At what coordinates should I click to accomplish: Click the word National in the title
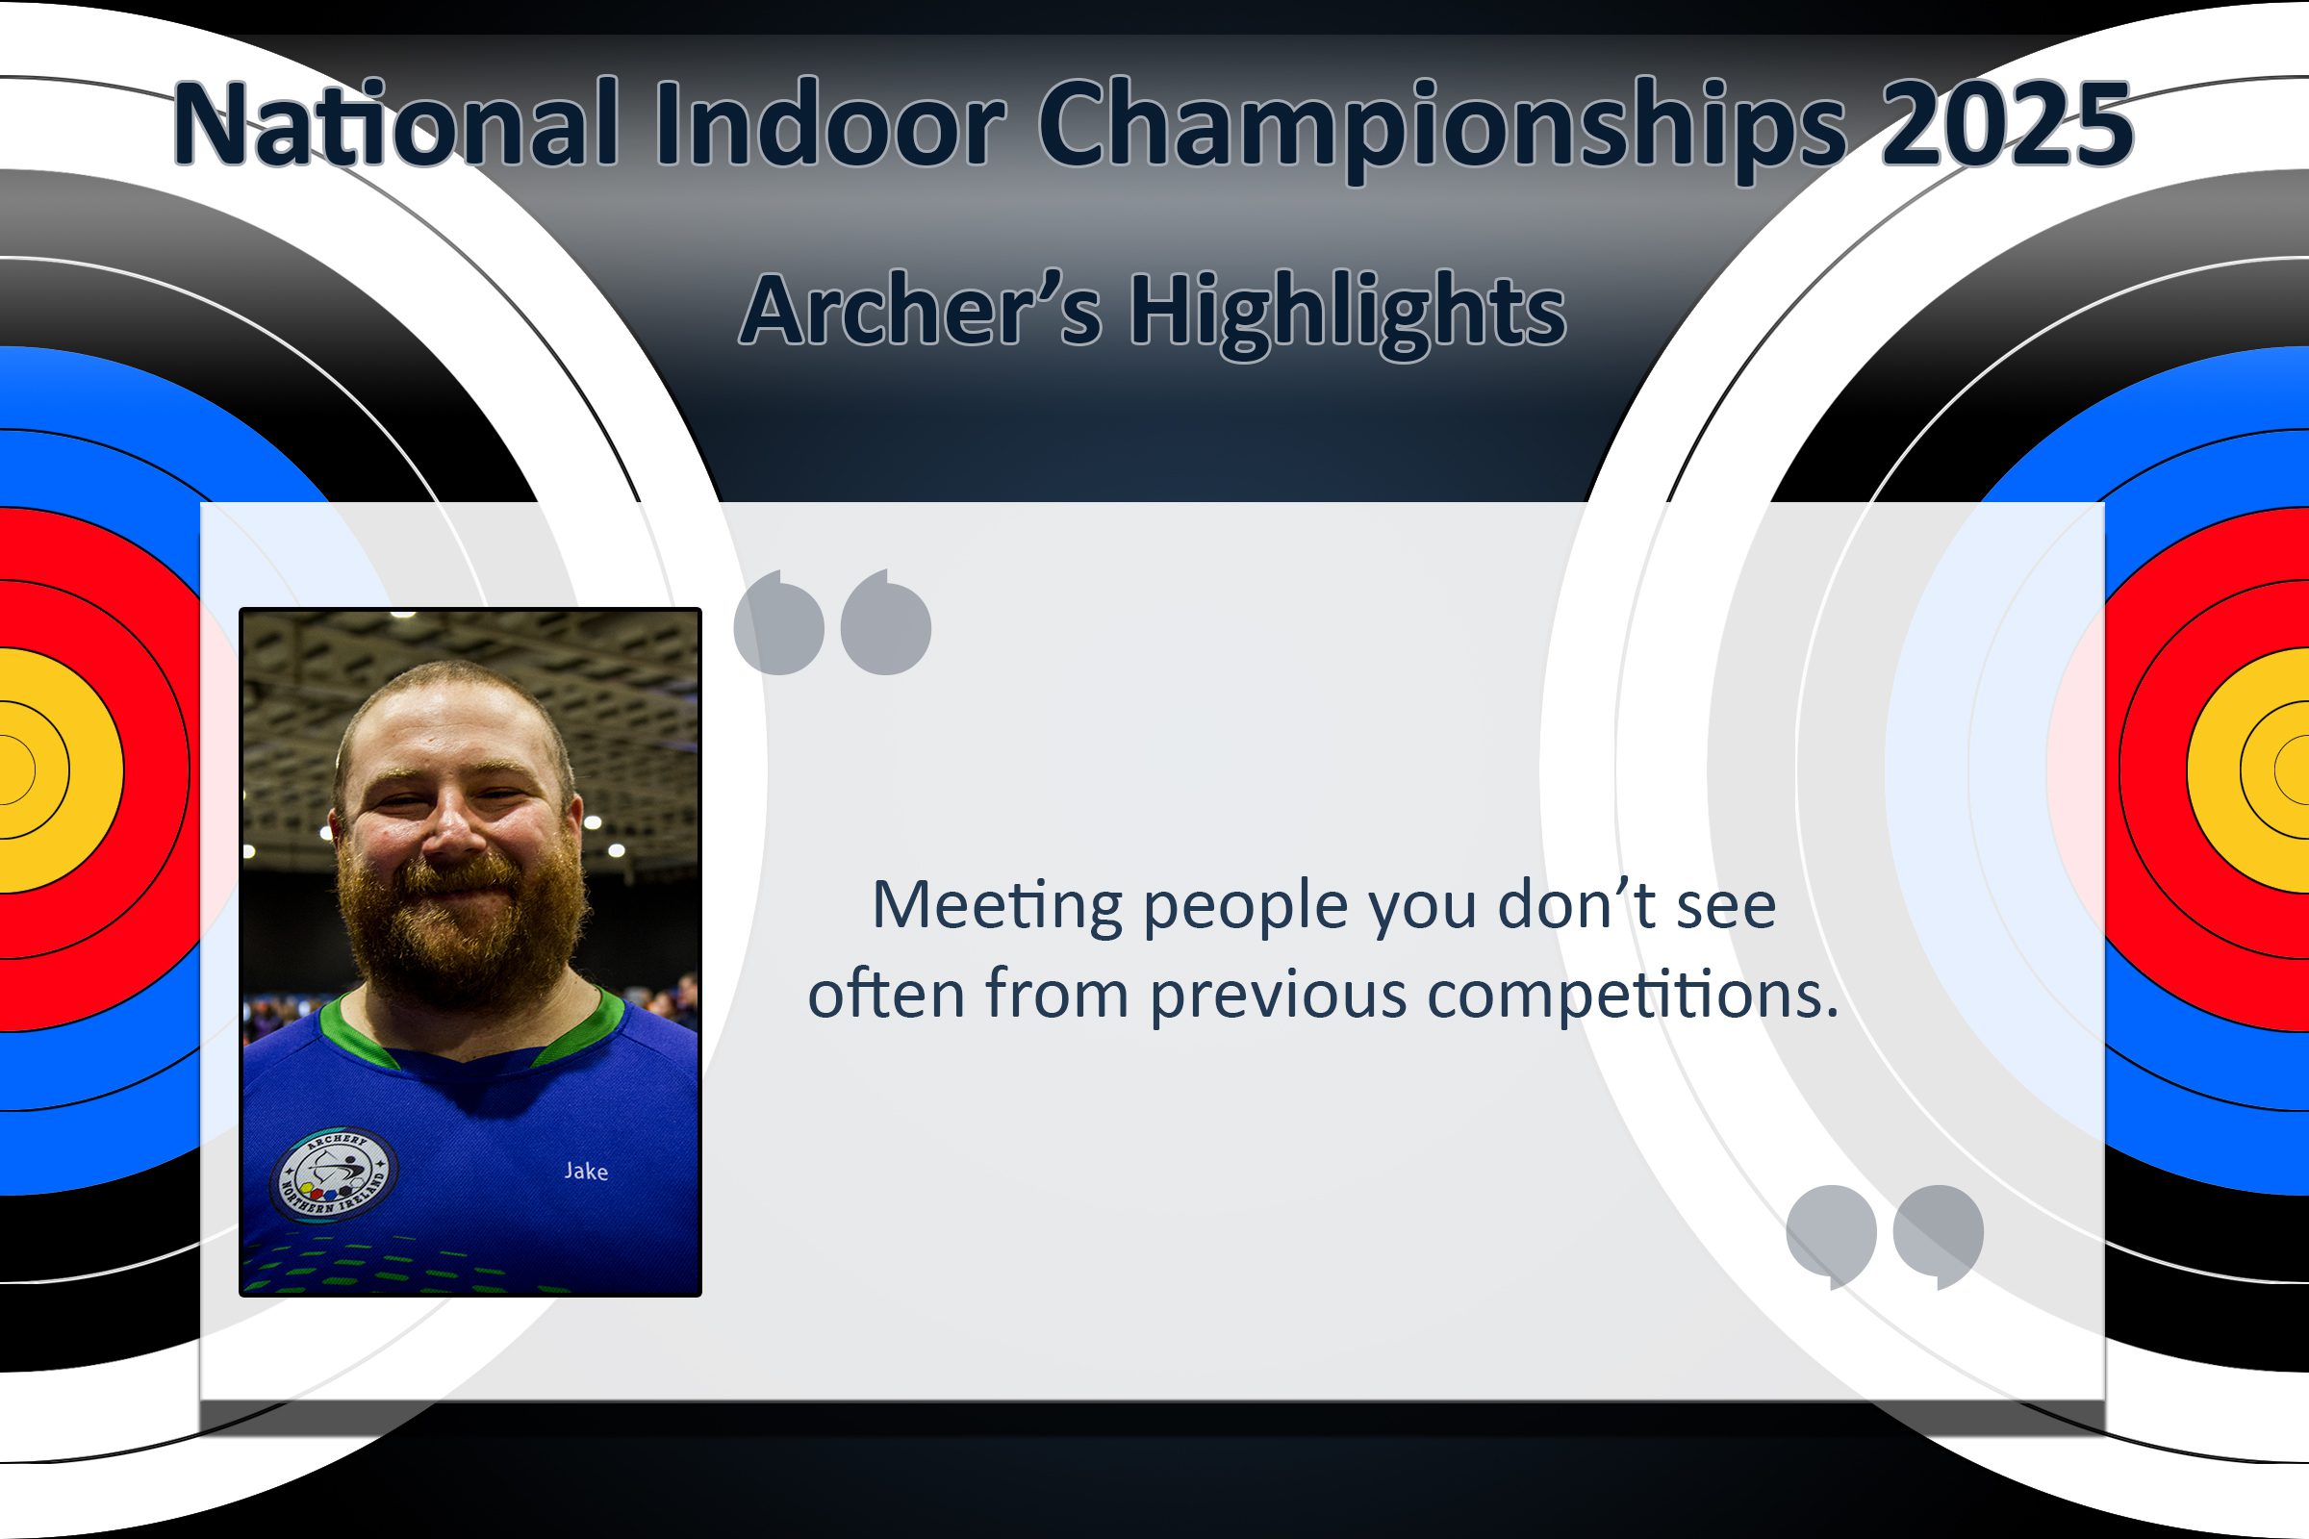click(x=396, y=123)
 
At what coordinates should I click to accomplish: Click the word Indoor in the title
click(x=829, y=123)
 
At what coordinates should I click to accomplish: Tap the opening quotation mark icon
click(x=832, y=621)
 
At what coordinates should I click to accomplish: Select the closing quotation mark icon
click(x=1885, y=1237)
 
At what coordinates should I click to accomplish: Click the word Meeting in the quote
click(x=998, y=906)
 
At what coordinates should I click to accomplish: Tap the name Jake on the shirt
click(x=586, y=1171)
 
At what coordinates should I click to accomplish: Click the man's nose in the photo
click(x=453, y=829)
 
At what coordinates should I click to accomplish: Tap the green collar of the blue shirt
click(x=471, y=1030)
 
